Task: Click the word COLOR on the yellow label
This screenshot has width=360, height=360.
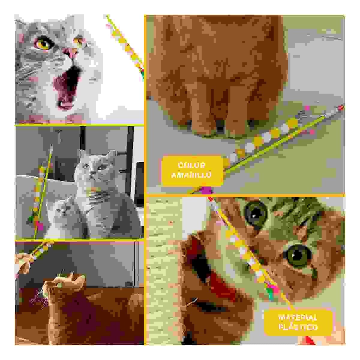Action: pos(191,165)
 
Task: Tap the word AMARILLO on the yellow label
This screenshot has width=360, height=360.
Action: pos(191,175)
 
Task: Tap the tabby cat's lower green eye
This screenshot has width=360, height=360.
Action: pos(297,255)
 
